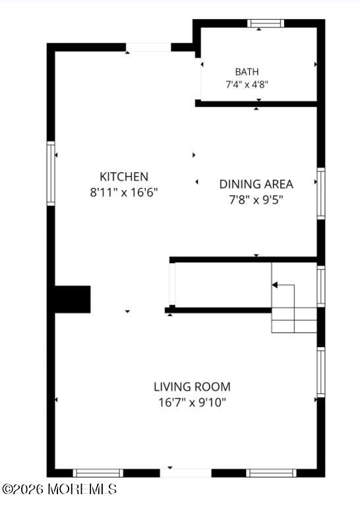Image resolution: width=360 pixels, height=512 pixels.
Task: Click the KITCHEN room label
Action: (124, 177)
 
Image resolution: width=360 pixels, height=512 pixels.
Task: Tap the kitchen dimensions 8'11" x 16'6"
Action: (124, 192)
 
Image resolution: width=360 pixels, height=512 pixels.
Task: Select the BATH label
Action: (247, 71)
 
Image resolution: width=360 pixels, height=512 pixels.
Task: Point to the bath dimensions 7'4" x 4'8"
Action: (247, 84)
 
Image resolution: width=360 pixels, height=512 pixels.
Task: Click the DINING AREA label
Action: (256, 184)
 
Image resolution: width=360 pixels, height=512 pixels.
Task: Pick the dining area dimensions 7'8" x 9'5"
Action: (256, 199)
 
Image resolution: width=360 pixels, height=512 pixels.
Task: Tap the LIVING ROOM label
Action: (193, 387)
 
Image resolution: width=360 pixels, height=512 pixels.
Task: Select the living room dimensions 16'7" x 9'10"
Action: (193, 402)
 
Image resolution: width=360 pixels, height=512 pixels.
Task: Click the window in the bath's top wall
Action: (266, 23)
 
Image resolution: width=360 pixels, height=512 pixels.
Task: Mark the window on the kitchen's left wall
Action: (51, 174)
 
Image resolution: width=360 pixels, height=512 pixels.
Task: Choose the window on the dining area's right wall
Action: (321, 193)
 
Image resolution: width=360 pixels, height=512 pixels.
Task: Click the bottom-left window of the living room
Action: (98, 473)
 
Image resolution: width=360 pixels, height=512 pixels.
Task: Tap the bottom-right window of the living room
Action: (271, 473)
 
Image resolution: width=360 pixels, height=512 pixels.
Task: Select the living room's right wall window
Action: (321, 372)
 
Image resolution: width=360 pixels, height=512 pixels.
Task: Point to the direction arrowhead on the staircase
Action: (275, 285)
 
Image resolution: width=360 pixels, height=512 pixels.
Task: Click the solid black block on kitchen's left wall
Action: (73, 300)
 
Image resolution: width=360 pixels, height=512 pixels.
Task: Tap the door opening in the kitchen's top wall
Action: (148, 48)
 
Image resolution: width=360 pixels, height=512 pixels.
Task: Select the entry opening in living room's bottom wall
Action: (186, 473)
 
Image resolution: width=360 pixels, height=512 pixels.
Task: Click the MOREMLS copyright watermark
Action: (59, 489)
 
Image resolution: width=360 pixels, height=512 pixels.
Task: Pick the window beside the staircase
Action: (321, 286)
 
